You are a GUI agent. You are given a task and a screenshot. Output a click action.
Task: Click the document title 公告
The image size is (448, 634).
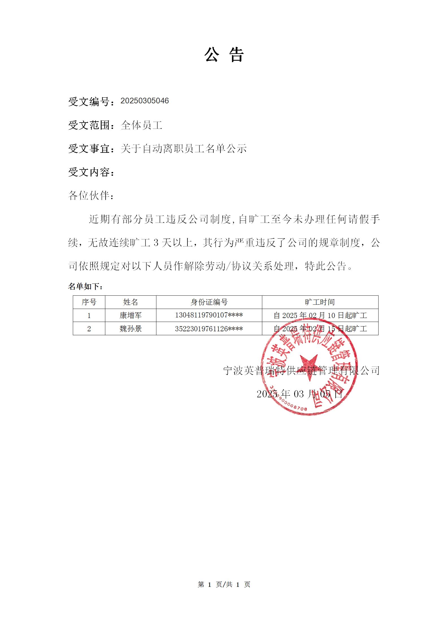224,55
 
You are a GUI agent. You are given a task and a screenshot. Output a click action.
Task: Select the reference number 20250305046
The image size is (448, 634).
145,101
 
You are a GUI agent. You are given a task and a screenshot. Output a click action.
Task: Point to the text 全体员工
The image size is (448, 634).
141,125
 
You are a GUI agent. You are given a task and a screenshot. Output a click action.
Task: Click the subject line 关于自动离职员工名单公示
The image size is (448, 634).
183,149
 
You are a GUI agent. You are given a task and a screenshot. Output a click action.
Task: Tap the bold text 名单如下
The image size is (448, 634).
85,287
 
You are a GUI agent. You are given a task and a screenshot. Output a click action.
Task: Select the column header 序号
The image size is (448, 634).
89,302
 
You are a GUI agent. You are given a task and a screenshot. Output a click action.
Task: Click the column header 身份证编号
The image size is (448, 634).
209,302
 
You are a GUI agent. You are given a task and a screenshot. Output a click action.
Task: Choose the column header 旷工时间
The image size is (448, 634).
320,302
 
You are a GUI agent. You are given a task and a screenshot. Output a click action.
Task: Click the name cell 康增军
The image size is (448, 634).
130,315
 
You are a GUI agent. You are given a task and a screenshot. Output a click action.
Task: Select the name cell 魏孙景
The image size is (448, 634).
130,329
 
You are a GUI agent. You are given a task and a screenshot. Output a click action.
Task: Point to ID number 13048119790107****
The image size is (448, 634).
209,315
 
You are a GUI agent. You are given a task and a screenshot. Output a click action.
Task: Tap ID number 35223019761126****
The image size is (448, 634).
209,329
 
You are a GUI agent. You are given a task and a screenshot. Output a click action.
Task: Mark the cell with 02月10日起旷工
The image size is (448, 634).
320,315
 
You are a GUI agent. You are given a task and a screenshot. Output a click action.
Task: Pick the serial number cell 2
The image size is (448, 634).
89,329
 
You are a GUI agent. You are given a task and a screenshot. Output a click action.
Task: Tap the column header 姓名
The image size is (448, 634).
130,302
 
